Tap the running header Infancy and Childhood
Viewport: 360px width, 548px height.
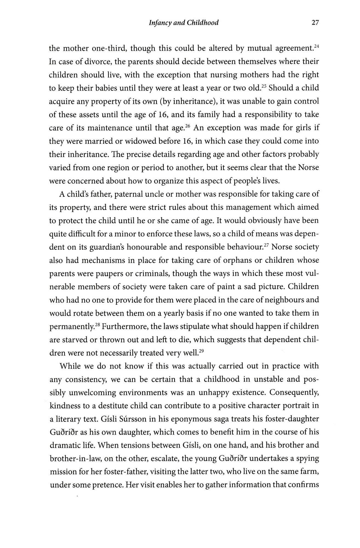pos(183,23)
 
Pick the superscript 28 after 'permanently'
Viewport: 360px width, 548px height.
pos(98,324)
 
